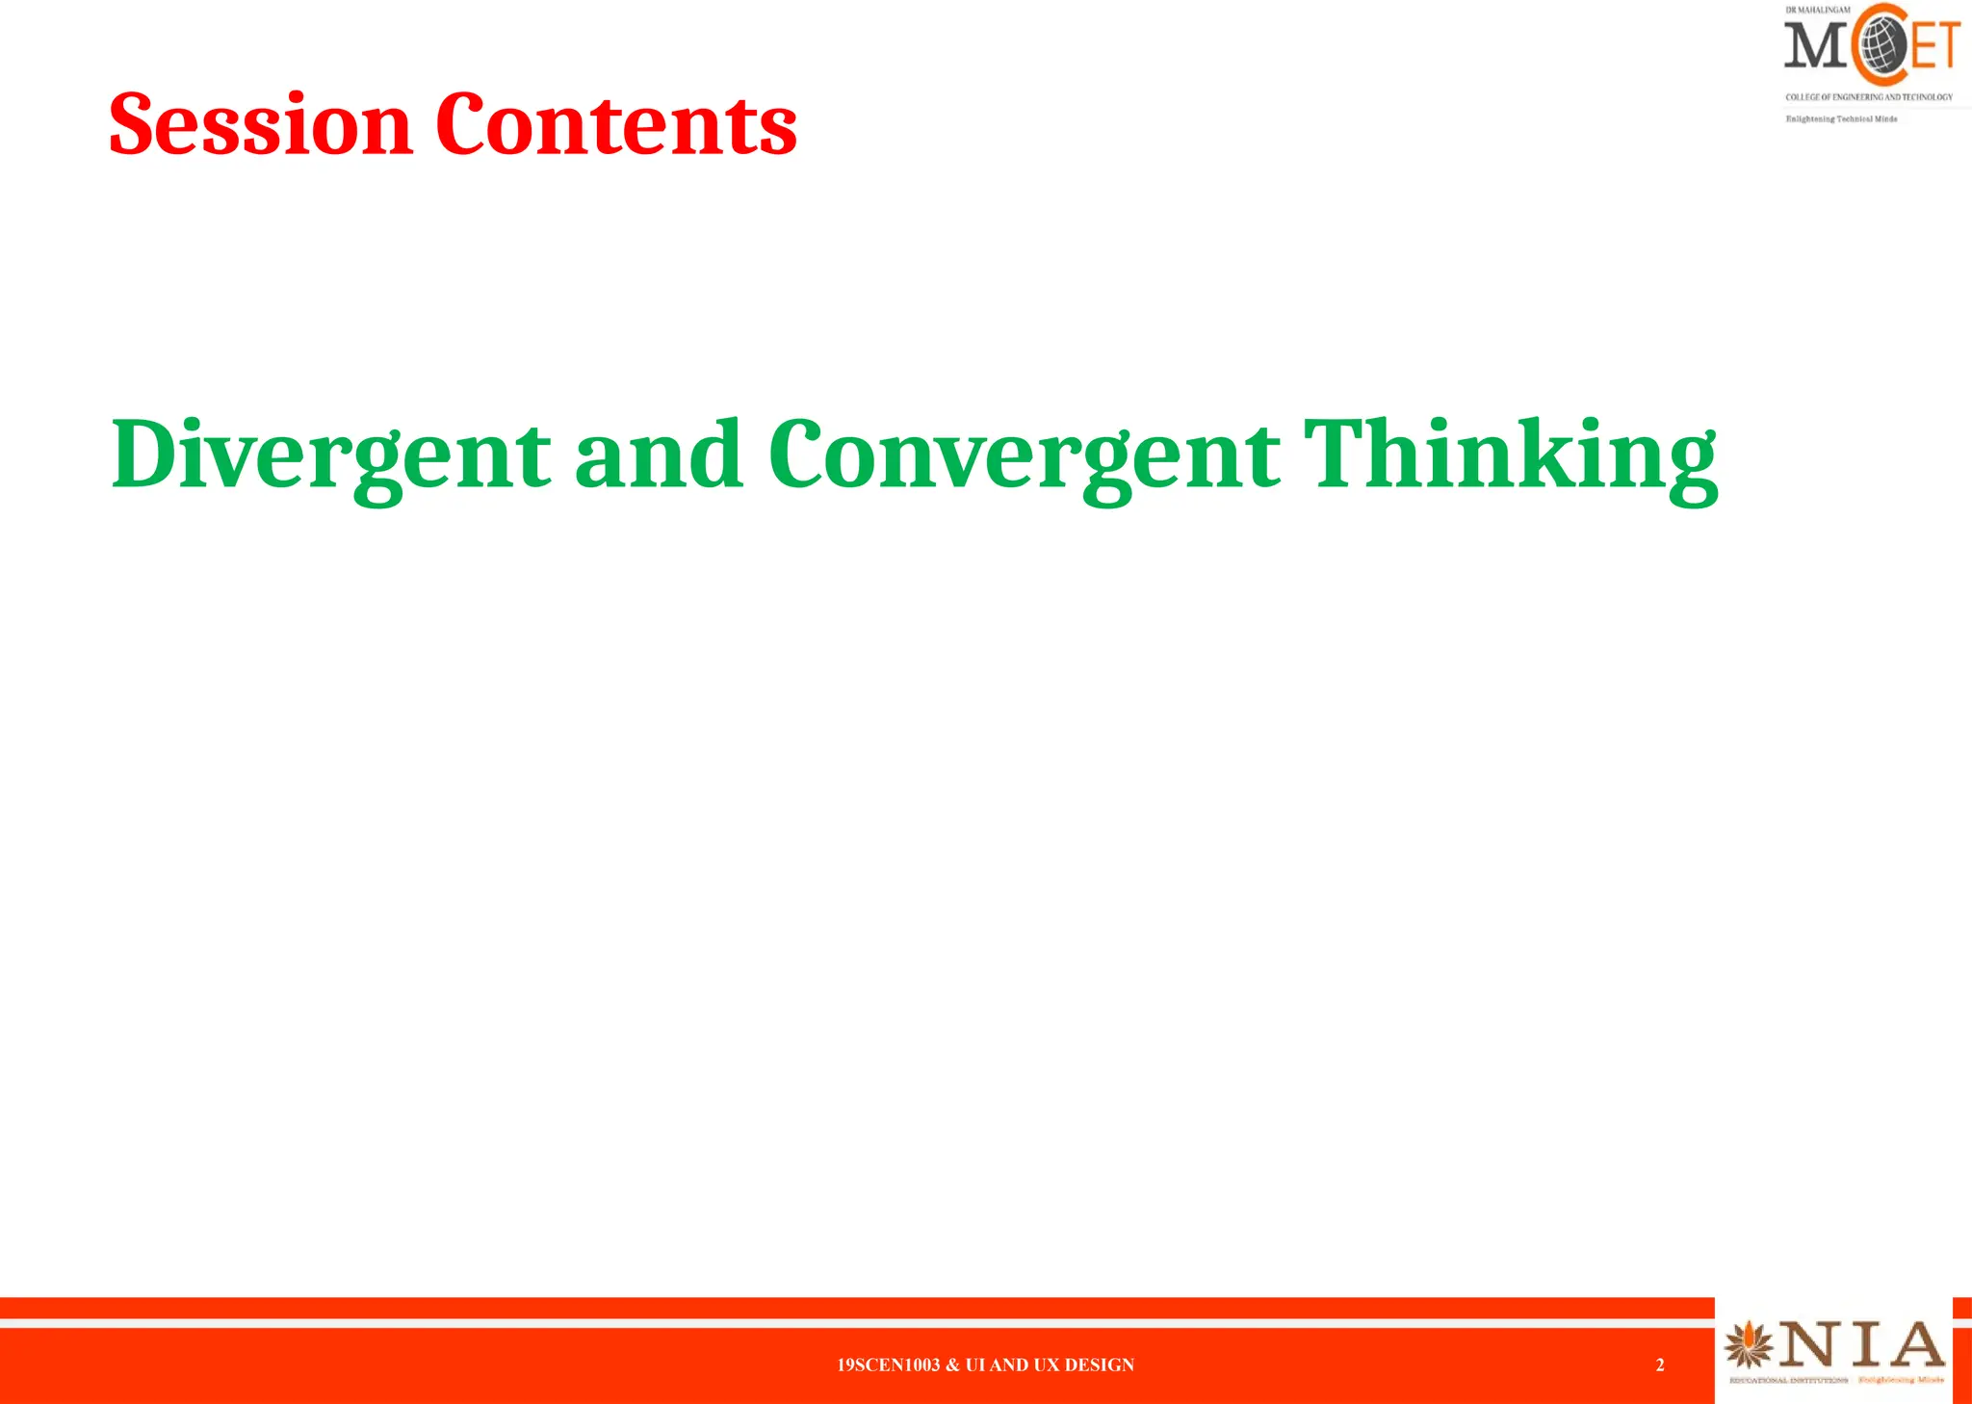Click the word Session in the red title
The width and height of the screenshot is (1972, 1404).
tap(260, 124)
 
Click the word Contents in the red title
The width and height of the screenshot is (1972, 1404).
tap(616, 124)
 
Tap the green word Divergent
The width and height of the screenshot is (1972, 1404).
tap(331, 455)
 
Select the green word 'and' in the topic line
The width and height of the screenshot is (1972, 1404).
tap(659, 455)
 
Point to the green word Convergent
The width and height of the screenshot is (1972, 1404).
tap(1025, 455)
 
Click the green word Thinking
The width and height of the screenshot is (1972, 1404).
tap(1510, 455)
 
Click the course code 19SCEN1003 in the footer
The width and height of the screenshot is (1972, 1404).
tap(888, 1365)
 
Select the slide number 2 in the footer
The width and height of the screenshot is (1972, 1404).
tap(1660, 1365)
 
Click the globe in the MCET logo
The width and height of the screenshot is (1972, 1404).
tap(1881, 44)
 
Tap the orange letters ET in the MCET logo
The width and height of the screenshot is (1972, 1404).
tap(1935, 45)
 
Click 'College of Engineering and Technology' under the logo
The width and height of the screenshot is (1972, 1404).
tap(1869, 97)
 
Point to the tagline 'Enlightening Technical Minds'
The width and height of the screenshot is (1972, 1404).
tap(1841, 119)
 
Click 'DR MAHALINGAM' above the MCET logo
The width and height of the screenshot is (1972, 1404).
tap(1817, 10)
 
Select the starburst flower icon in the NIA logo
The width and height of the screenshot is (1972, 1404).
tap(1749, 1345)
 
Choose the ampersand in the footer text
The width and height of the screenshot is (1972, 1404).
tap(952, 1365)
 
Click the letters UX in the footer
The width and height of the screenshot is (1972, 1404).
tap(1046, 1365)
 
